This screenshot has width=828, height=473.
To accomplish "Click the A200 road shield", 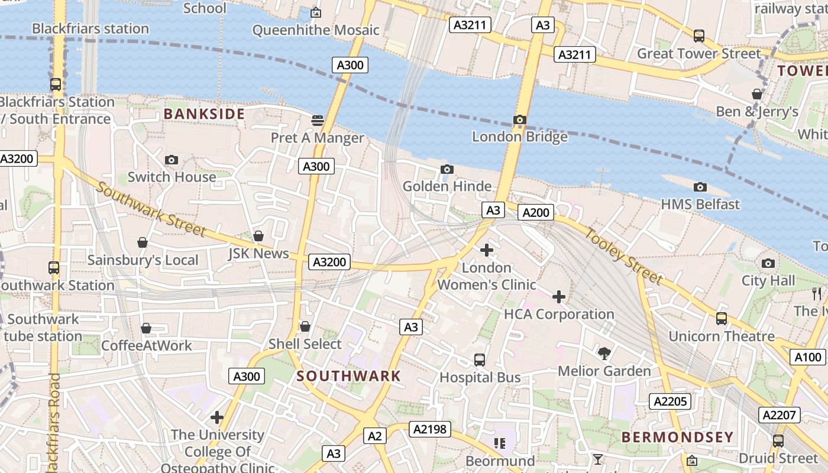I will tap(536, 212).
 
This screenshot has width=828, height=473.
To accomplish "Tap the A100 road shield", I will tap(808, 357).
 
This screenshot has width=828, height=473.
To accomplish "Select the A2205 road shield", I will tap(671, 401).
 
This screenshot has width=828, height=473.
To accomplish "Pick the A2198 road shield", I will tap(430, 429).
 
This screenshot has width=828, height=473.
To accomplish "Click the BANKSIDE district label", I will tap(204, 114).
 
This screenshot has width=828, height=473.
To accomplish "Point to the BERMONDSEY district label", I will tap(677, 438).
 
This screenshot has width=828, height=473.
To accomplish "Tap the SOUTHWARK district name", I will tap(349, 376).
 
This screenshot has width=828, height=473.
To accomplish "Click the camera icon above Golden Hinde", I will tap(447, 170).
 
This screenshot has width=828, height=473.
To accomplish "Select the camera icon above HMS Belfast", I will tap(700, 187).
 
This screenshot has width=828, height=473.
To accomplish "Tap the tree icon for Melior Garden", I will tap(604, 354).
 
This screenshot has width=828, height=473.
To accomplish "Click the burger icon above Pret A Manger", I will tap(318, 121).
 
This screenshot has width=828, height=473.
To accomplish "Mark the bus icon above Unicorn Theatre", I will tap(722, 319).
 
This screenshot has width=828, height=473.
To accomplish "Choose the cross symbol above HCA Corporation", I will tap(559, 297).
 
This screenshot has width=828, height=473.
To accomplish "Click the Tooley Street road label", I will tap(625, 255).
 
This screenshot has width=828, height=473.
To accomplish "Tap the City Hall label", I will tap(768, 281).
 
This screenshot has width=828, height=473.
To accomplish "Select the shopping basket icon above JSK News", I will tap(258, 237).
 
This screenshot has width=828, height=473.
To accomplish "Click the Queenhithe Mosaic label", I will tap(316, 30).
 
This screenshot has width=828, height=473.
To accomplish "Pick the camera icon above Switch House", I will tap(172, 160).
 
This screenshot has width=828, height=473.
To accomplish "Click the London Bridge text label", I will tap(519, 137).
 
